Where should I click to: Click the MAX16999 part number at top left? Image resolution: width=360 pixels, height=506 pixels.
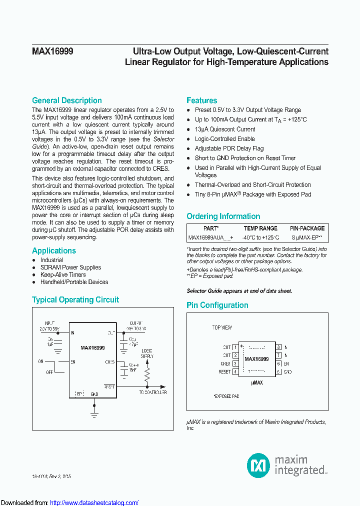click(52, 51)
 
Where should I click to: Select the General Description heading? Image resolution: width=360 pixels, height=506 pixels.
click(66, 100)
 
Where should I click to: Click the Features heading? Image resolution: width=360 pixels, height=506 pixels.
click(201, 100)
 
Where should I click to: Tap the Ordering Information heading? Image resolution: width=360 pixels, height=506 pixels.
click(223, 216)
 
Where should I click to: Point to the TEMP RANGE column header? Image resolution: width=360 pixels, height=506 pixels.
click(260, 228)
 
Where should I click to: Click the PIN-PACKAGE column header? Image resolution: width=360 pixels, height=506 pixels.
click(307, 228)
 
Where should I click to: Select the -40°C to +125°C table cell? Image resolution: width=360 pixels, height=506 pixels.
click(260, 238)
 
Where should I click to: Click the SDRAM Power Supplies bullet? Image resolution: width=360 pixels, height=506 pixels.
click(70, 267)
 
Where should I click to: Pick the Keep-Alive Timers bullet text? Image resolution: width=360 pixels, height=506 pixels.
click(63, 275)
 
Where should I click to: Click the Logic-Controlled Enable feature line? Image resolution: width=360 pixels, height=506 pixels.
click(224, 139)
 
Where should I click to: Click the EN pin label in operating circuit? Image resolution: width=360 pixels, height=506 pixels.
click(73, 361)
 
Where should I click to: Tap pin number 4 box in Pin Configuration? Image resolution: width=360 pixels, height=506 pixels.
click(235, 372)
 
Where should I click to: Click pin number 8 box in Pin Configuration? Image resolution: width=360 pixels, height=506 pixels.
click(278, 347)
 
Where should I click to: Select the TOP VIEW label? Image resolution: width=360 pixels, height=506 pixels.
click(222, 328)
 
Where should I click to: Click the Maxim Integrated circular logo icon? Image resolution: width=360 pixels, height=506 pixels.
click(258, 465)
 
